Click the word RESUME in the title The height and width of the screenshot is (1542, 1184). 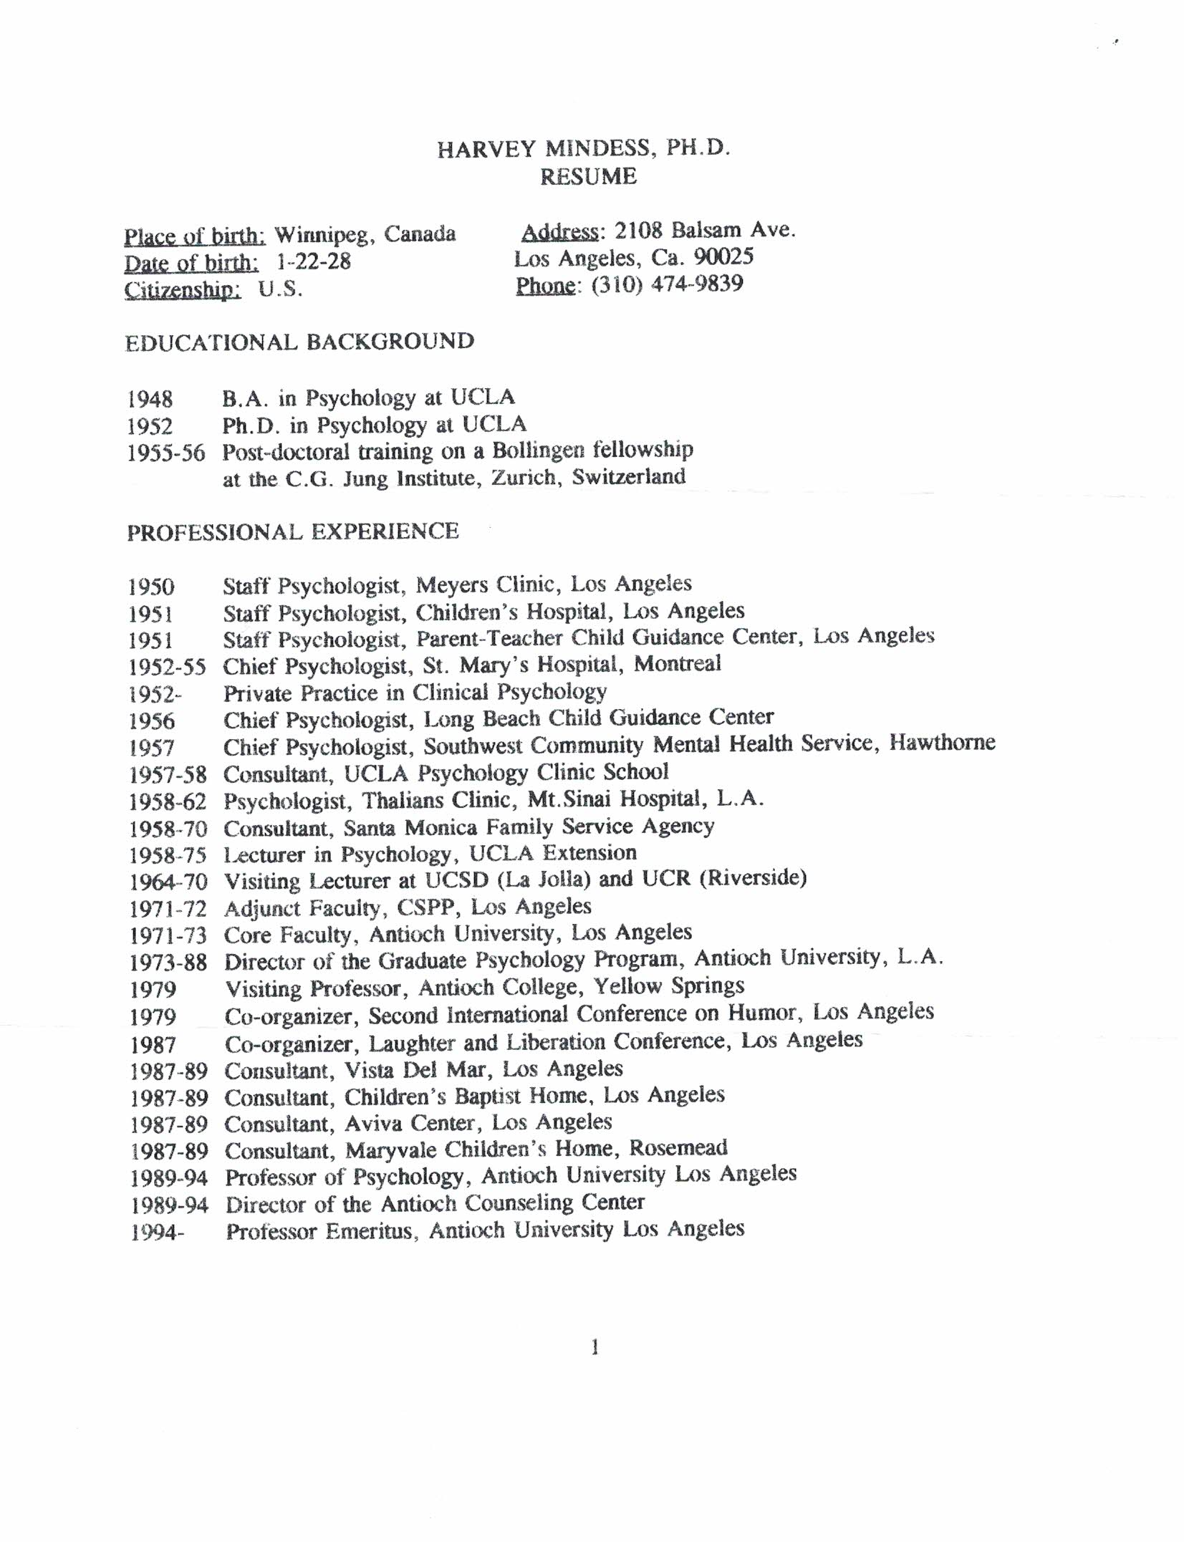pyautogui.click(x=588, y=177)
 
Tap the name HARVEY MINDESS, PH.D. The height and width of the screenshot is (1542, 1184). pyautogui.click(x=584, y=148)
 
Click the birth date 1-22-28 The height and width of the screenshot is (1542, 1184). pyautogui.click(x=314, y=261)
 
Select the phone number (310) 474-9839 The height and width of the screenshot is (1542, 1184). pyautogui.click(x=667, y=284)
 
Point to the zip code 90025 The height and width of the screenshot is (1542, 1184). pyautogui.click(x=724, y=257)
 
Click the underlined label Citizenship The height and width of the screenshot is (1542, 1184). pyautogui.click(x=183, y=290)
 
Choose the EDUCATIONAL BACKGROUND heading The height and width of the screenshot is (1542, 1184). pyautogui.click(x=299, y=342)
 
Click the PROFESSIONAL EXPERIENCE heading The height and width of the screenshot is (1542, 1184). pyautogui.click(x=293, y=531)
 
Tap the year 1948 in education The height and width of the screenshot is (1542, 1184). pyautogui.click(x=150, y=399)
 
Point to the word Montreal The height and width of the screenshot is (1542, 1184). pyautogui.click(x=677, y=664)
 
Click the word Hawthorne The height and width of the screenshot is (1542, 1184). pyautogui.click(x=942, y=742)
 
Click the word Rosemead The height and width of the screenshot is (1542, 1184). pyautogui.click(x=678, y=1148)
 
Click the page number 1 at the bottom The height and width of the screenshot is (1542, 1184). pyautogui.click(x=595, y=1348)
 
